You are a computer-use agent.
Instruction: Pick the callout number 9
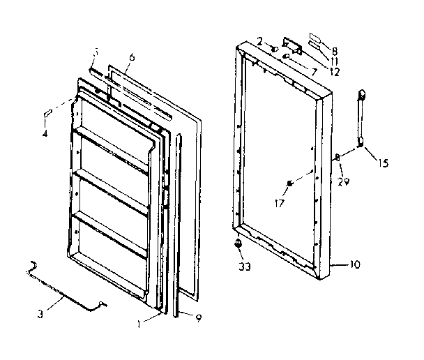click(x=199, y=319)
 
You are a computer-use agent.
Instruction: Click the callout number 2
click(x=259, y=43)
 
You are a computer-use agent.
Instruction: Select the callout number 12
click(x=337, y=72)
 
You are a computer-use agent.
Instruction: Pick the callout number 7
click(x=314, y=72)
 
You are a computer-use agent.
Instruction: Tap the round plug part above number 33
click(x=238, y=243)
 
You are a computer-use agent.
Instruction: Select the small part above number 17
click(x=289, y=183)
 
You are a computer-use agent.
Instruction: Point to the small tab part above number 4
click(x=50, y=112)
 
